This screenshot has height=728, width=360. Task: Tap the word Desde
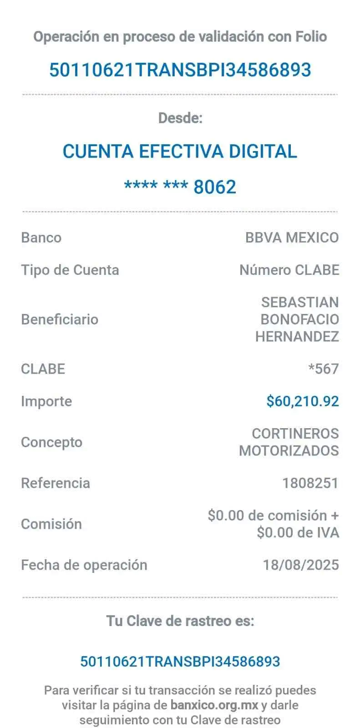click(180, 118)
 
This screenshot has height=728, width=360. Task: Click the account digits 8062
click(215, 187)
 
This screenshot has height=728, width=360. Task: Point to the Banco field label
click(41, 238)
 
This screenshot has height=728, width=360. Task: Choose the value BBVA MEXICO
click(292, 238)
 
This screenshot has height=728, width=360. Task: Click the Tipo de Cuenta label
click(70, 270)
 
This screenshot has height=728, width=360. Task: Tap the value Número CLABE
click(289, 270)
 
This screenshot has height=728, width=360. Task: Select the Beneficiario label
click(60, 319)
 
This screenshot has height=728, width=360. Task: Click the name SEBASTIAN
click(300, 302)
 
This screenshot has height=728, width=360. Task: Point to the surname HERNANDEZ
click(297, 337)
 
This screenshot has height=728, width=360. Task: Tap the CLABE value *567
click(324, 369)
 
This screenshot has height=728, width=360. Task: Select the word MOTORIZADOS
click(289, 451)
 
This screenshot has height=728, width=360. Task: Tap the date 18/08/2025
click(301, 565)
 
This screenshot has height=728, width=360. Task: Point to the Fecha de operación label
click(85, 565)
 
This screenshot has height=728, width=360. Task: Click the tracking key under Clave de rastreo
click(180, 661)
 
